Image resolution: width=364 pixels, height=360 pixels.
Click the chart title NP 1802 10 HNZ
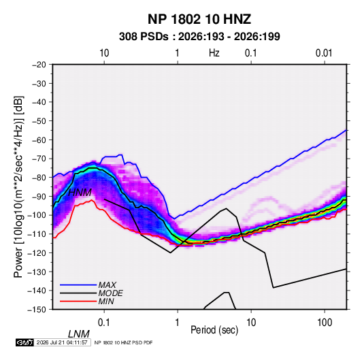tap(199, 19)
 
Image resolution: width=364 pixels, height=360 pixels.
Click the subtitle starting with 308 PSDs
tap(199, 37)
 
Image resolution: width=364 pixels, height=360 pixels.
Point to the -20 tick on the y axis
tap(39, 65)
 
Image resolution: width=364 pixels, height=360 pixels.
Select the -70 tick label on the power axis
tap(39, 159)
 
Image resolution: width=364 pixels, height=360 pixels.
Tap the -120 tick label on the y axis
tap(37, 253)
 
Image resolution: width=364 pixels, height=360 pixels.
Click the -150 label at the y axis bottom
tap(37, 310)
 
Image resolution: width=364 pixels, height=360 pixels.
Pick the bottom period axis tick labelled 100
tap(325, 323)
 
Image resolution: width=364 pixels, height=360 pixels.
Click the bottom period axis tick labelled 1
tap(178, 323)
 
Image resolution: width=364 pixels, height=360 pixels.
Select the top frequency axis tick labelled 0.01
tap(324, 53)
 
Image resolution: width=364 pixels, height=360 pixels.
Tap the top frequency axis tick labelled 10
tap(104, 53)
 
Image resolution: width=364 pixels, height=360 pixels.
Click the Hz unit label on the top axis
tap(214, 53)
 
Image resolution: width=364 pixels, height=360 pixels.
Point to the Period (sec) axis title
tap(214, 330)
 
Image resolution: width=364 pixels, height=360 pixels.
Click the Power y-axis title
tap(18, 186)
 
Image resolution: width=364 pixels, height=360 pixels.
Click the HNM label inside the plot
tap(80, 193)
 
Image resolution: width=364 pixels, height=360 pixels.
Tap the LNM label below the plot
tap(79, 334)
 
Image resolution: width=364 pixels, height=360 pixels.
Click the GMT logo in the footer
tap(24, 342)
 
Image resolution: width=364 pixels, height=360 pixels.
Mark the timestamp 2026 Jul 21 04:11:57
tap(62, 342)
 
